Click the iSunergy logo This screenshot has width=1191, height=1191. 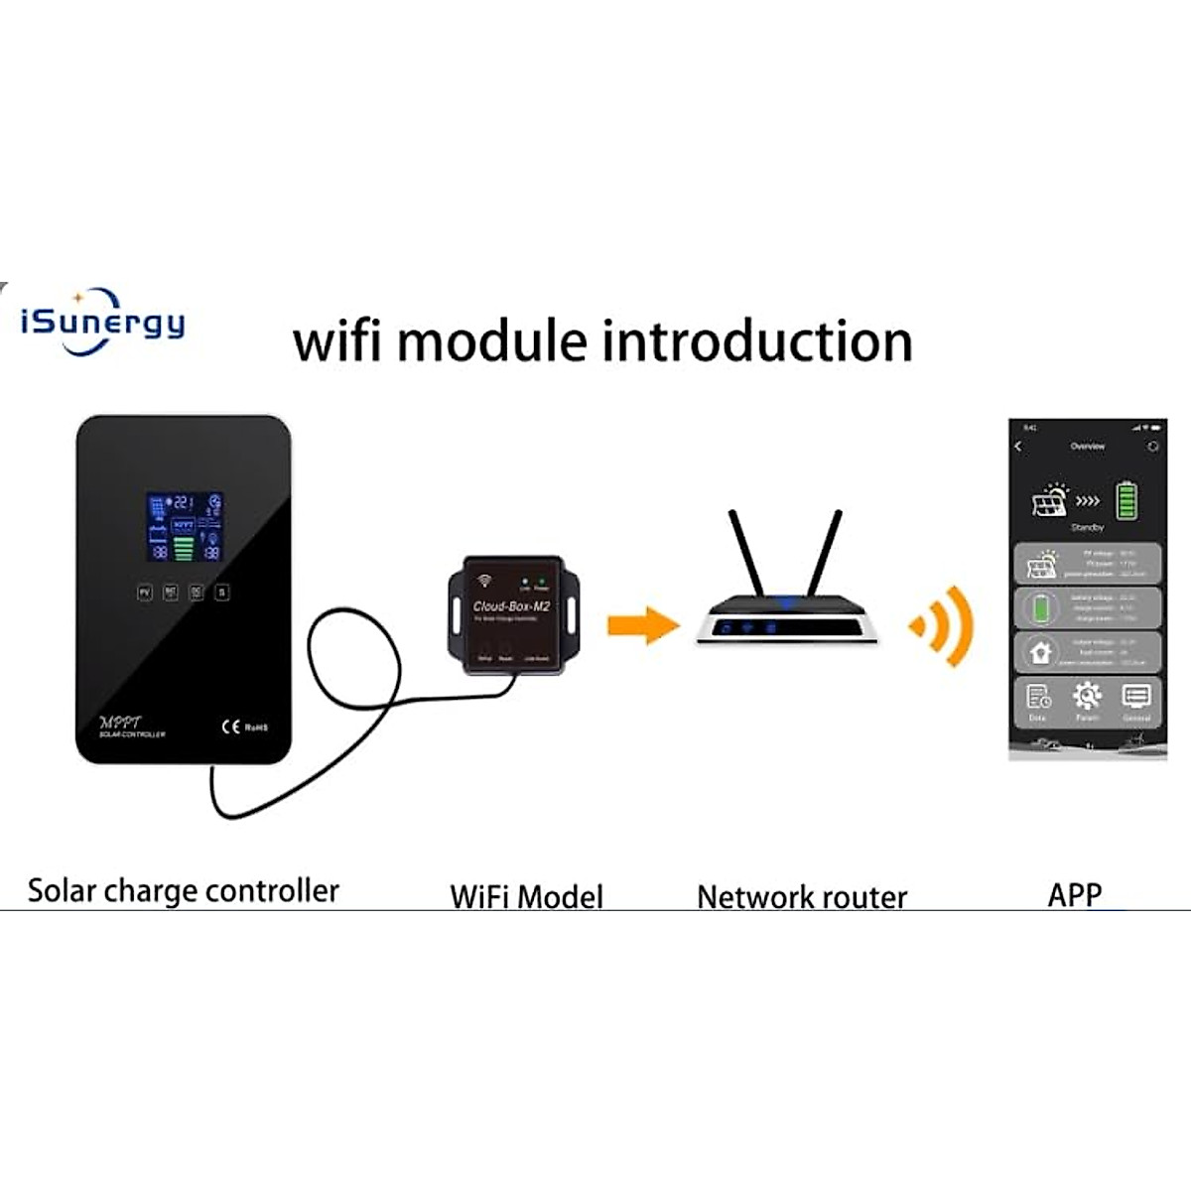click(x=102, y=322)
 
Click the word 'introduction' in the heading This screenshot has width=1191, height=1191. click(x=757, y=341)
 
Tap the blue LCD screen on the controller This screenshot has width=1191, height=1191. click(x=185, y=526)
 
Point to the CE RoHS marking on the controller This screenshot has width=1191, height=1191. click(x=244, y=728)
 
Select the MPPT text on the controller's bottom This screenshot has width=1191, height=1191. click(x=122, y=723)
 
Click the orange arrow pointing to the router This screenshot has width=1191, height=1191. click(x=642, y=625)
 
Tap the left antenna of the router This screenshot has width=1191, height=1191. click(x=747, y=554)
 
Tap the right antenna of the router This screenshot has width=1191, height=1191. click(x=824, y=554)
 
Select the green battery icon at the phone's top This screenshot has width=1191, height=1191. click(x=1125, y=501)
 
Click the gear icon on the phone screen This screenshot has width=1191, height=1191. click(x=1087, y=696)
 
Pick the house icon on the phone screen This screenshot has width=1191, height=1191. click(x=1040, y=652)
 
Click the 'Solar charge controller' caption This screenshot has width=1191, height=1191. click(x=184, y=890)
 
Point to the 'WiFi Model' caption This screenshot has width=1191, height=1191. click(x=526, y=896)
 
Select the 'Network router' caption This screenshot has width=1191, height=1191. click(x=802, y=897)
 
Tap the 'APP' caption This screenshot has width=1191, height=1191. click(x=1075, y=894)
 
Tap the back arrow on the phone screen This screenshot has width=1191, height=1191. click(x=1018, y=447)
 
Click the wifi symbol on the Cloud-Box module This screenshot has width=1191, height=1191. click(x=484, y=580)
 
